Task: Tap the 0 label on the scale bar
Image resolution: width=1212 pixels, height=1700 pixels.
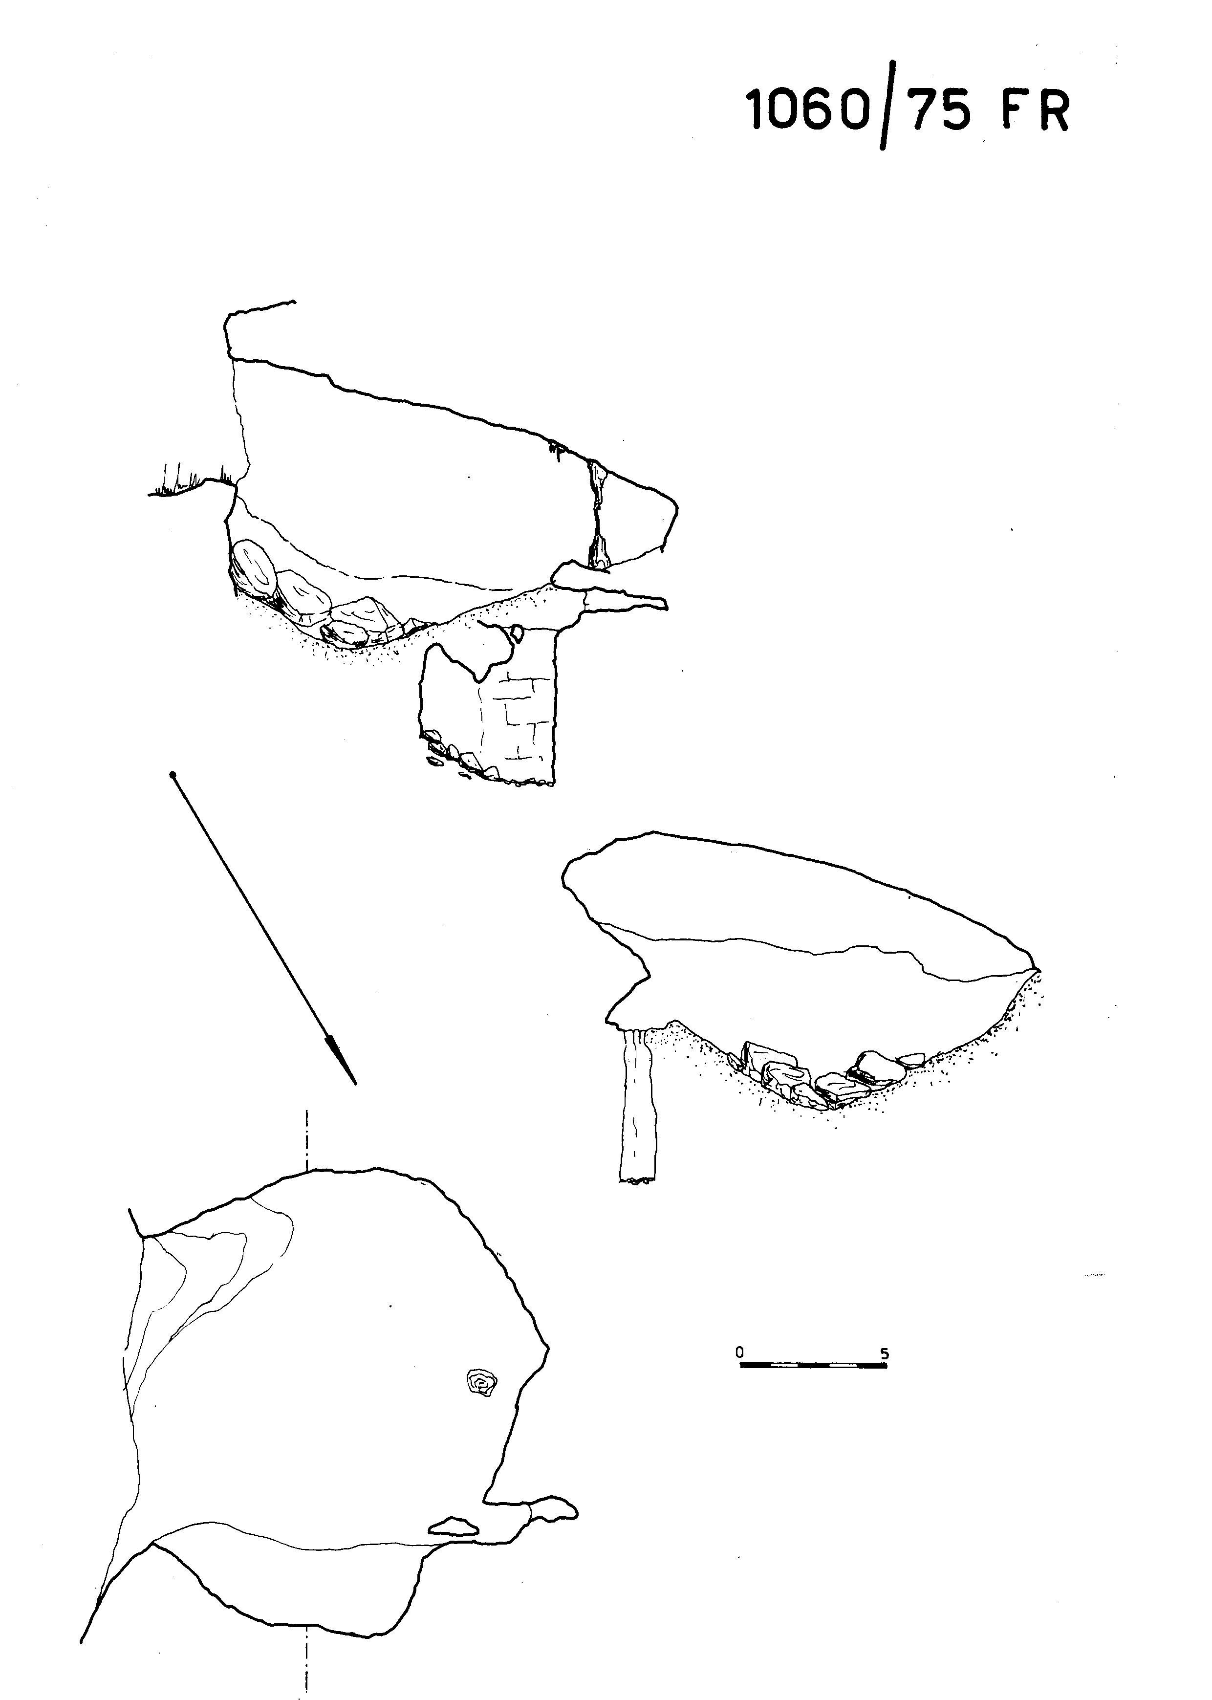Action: [739, 1351]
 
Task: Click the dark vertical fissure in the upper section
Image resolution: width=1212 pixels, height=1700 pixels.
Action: [598, 515]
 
